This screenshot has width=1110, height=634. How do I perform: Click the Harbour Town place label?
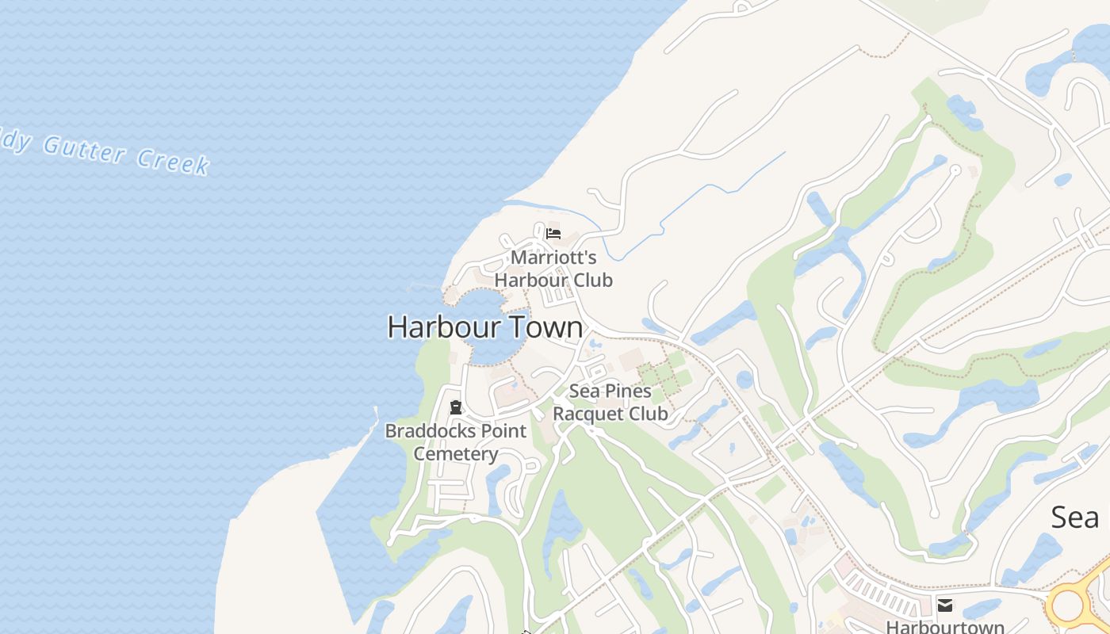(484, 327)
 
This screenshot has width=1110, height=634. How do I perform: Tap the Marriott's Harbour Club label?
(553, 269)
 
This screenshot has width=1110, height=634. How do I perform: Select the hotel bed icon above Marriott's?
(553, 234)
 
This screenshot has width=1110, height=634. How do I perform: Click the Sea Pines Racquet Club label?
(610, 402)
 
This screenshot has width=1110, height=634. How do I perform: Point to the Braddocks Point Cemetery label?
(455, 442)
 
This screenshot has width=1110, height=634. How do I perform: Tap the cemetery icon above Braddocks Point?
(455, 408)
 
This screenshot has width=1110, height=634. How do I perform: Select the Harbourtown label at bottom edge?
(944, 627)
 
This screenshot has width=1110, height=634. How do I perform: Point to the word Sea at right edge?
(1074, 518)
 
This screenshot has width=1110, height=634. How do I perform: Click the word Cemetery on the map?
(455, 454)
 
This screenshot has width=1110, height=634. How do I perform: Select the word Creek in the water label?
(173, 161)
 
